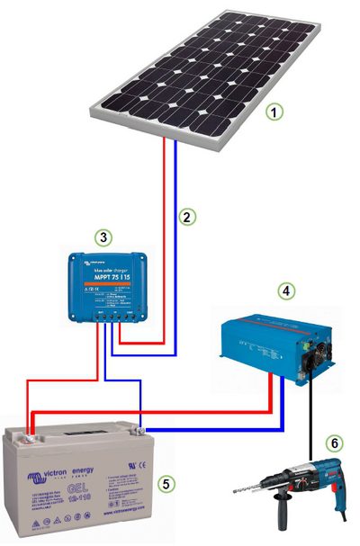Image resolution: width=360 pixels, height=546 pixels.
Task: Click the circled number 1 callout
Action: pos(278,113)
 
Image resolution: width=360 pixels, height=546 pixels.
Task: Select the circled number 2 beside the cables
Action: pos(187,216)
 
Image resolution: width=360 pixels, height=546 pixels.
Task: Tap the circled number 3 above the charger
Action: pos(103,237)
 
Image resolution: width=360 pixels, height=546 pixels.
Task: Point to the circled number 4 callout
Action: pos(285,291)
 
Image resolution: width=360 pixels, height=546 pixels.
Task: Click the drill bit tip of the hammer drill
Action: pos(234,490)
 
